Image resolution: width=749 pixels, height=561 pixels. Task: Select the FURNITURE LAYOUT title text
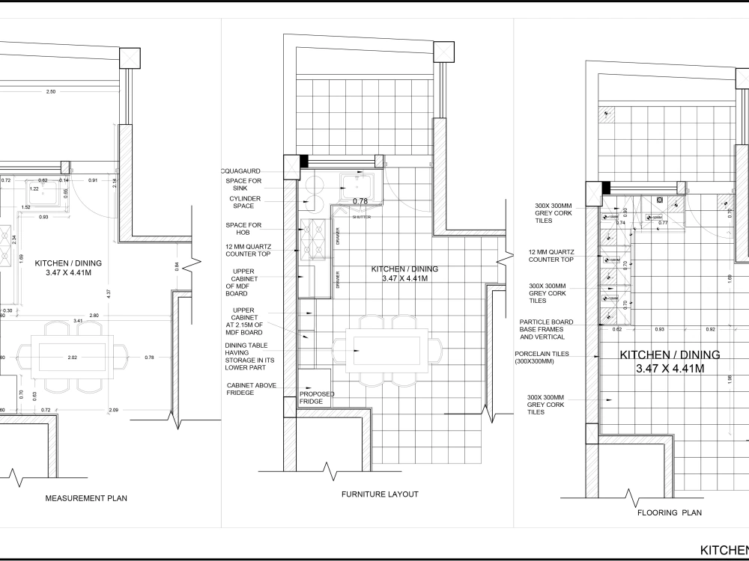click(x=380, y=494)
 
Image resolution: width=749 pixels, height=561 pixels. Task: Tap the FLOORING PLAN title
click(x=669, y=513)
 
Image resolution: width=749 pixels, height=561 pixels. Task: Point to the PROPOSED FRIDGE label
click(x=317, y=398)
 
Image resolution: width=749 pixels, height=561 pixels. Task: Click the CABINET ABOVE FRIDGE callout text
click(x=252, y=389)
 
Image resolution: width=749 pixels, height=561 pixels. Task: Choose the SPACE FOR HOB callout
click(x=243, y=229)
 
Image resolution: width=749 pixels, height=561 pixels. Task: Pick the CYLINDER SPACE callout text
click(x=245, y=202)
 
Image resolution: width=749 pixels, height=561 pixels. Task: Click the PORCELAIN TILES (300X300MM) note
click(x=545, y=358)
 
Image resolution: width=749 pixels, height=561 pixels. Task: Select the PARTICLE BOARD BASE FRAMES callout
click(x=546, y=330)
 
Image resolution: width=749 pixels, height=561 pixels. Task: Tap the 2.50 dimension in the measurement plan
click(x=51, y=91)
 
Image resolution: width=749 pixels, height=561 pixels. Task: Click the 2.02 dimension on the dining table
click(x=72, y=358)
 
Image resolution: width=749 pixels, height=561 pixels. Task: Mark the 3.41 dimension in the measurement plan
click(x=78, y=320)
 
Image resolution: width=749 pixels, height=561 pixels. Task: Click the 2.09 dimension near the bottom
click(x=113, y=410)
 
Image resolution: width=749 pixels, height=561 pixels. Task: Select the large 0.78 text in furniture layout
click(x=360, y=201)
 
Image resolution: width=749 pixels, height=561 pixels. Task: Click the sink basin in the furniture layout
click(x=357, y=183)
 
